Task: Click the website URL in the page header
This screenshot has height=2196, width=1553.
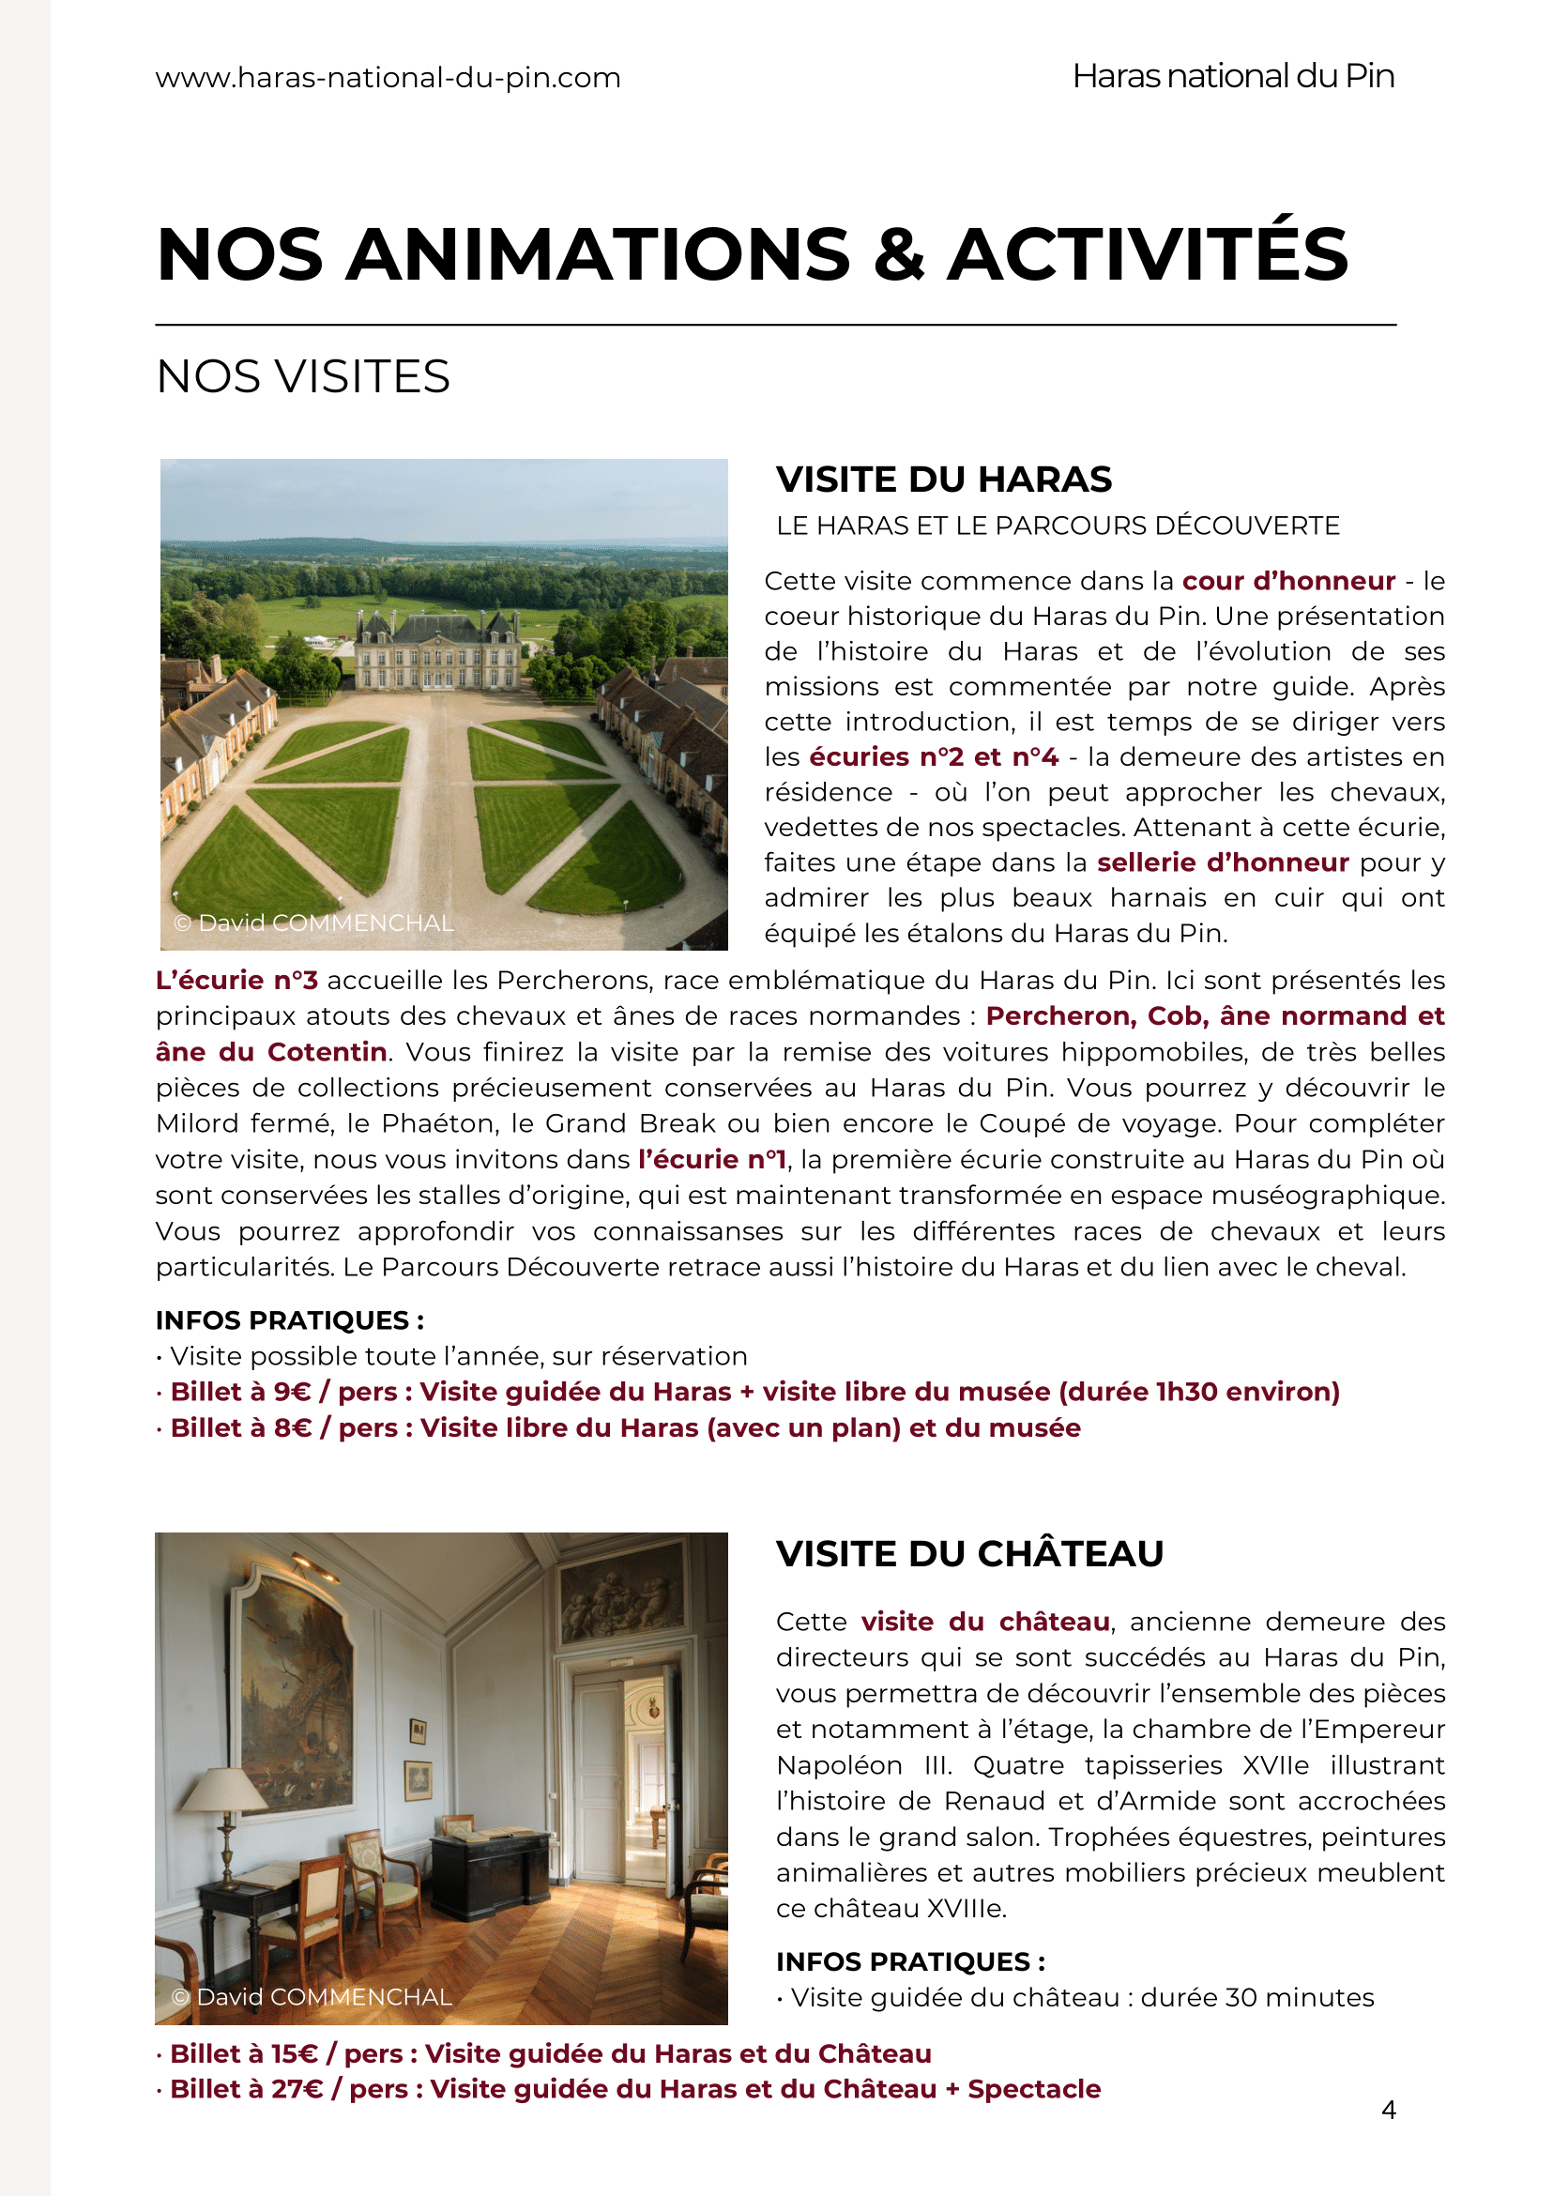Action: point(388,78)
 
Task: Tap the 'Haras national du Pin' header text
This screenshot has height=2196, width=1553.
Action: point(1233,77)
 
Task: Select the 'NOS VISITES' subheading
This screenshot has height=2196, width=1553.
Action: point(303,377)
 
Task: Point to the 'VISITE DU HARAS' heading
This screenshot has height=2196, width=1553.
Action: point(944,480)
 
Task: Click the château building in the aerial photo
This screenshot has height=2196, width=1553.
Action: point(439,651)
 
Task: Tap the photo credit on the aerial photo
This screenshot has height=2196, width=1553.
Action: point(313,923)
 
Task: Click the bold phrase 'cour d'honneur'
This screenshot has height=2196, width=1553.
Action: point(1288,582)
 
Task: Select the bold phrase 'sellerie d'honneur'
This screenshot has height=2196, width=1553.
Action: point(1222,862)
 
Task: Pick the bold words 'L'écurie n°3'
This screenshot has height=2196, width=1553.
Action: point(237,981)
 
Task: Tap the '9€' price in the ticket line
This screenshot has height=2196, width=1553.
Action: point(293,1392)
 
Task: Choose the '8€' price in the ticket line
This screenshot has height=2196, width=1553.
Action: point(293,1428)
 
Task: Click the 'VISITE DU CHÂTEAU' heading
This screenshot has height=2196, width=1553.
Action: point(969,1554)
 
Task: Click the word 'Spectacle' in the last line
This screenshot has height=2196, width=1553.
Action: point(1034,2089)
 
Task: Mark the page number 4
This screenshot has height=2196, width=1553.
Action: point(1389,2110)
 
